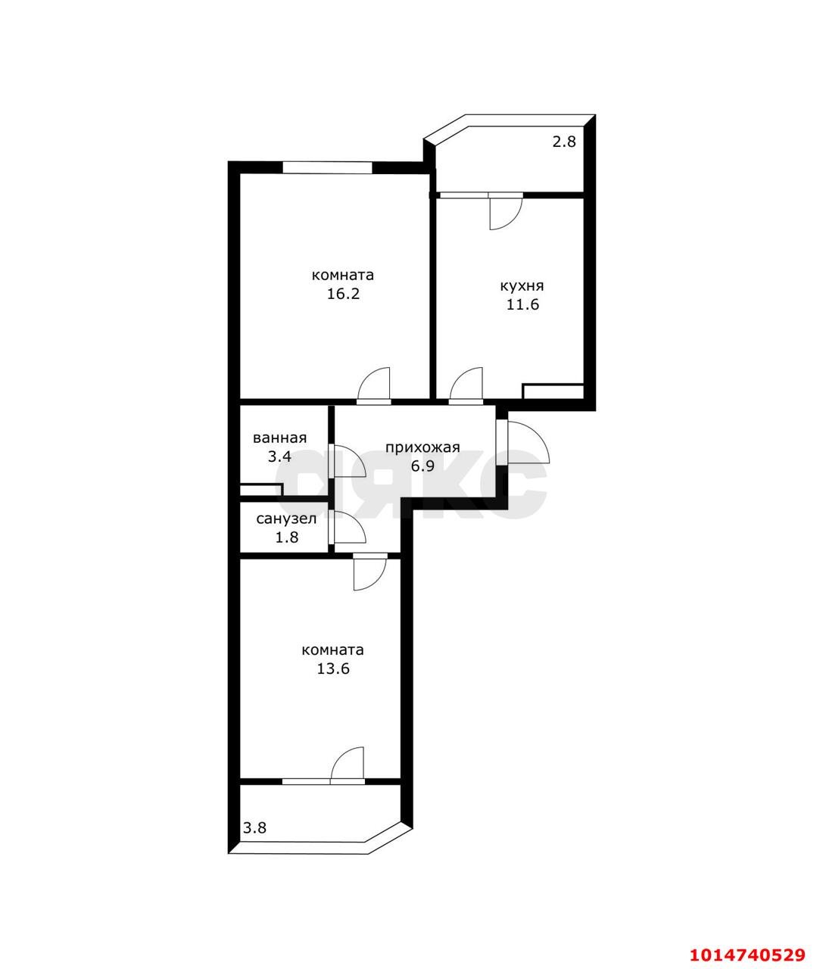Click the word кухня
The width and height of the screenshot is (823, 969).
pyautogui.click(x=522, y=285)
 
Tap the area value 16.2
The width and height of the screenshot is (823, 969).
pyautogui.click(x=343, y=294)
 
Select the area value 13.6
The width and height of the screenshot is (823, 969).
pyautogui.click(x=333, y=668)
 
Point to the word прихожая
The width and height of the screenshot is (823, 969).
pyautogui.click(x=422, y=447)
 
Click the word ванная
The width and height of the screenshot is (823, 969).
pyautogui.click(x=279, y=438)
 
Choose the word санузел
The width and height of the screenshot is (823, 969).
pyautogui.click(x=286, y=519)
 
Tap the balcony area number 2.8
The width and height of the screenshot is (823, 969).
pyautogui.click(x=563, y=141)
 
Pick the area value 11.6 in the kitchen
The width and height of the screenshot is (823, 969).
pyautogui.click(x=522, y=304)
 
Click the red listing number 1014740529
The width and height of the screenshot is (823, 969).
pyautogui.click(x=747, y=952)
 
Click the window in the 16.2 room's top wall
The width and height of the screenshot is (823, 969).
pyautogui.click(x=328, y=167)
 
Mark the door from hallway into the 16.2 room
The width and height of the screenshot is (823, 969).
pyautogui.click(x=373, y=385)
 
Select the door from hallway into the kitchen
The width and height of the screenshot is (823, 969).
pyautogui.click(x=466, y=385)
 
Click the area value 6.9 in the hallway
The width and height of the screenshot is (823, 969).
pyautogui.click(x=422, y=466)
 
